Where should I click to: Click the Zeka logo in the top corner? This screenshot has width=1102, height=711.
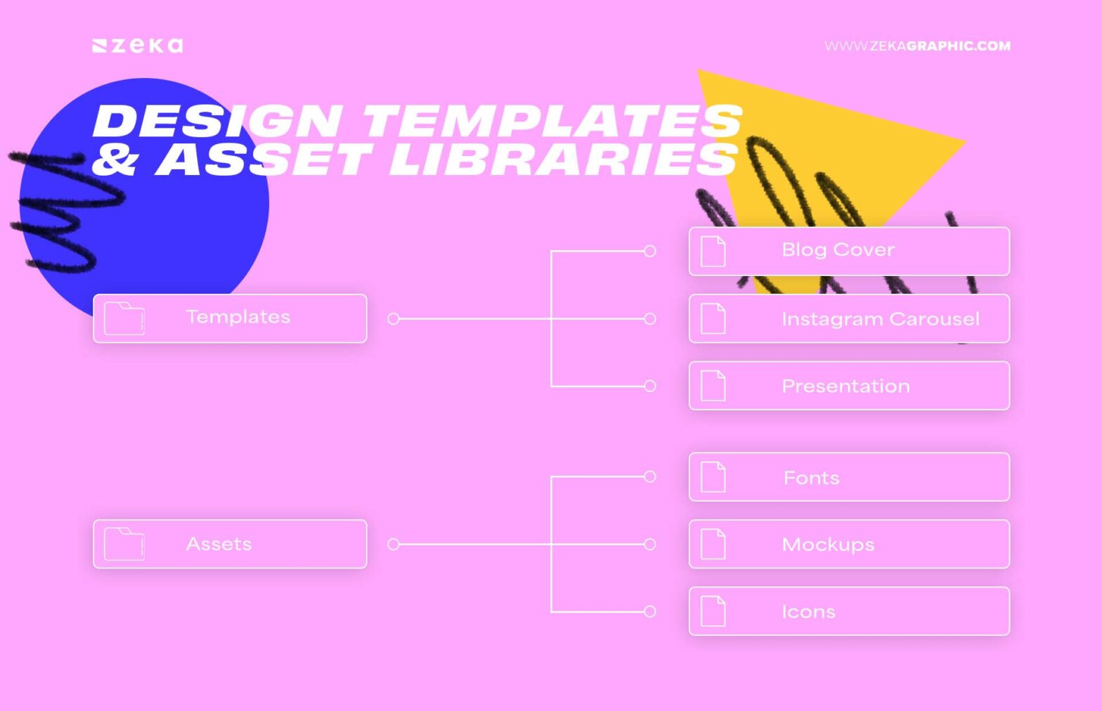pos(138,46)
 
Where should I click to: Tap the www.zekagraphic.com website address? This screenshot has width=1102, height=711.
pos(918,46)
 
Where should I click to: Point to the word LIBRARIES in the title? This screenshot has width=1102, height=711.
pos(564,159)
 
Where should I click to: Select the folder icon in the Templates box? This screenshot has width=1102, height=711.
pos(124,319)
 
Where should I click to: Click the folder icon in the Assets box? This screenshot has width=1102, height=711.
pos(124,544)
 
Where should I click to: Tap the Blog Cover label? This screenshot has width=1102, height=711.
pos(838,250)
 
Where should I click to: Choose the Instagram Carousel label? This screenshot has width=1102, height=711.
pos(881,319)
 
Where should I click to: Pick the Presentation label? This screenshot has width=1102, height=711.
pos(845,386)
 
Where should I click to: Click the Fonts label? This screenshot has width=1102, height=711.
pos(811,478)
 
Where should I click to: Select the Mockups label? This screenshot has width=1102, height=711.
pos(828,544)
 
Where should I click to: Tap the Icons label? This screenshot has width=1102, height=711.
pos(809,612)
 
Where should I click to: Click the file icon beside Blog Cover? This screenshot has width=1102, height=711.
pos(713,252)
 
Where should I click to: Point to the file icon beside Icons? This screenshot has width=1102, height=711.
pos(713,611)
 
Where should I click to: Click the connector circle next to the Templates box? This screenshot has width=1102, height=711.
pos(393,319)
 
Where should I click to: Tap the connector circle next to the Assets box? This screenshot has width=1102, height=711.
pos(393,544)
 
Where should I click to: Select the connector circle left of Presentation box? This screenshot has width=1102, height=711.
pos(650,386)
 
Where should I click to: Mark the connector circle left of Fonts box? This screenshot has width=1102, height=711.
pos(650,476)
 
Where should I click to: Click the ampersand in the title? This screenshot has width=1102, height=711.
pos(114,159)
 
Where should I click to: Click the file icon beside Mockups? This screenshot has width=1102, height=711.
pos(713,544)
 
